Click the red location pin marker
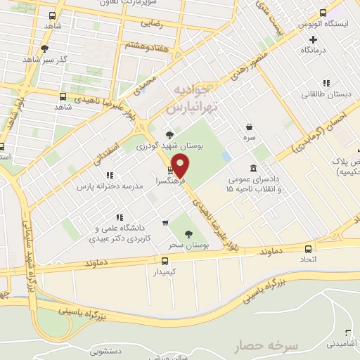181,166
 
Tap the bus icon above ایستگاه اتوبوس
323,13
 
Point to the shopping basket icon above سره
250,127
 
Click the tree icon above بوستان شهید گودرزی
168,134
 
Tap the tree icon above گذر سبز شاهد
44,49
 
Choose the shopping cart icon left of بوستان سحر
165,224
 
